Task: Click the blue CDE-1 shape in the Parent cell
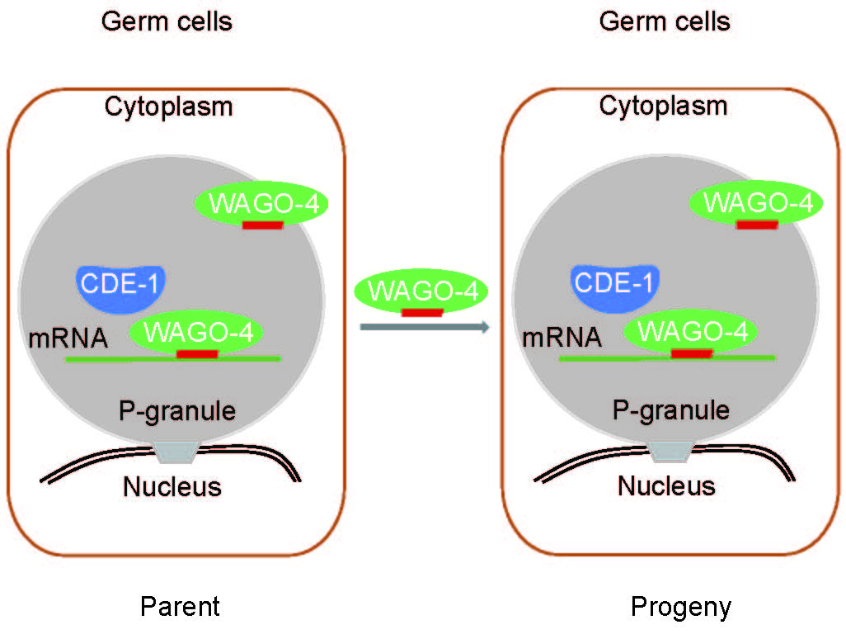click(x=120, y=284)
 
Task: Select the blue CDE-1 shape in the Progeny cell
click(x=614, y=283)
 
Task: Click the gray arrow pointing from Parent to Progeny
click(x=425, y=328)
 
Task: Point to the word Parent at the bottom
click(x=180, y=608)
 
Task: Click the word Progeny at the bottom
click(x=680, y=608)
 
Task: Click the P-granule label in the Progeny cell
click(x=670, y=409)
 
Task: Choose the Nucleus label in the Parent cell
click(x=172, y=486)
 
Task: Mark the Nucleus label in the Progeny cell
click(x=666, y=485)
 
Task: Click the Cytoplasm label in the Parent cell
click(x=168, y=107)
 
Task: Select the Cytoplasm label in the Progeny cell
click(x=663, y=106)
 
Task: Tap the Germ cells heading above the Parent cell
click(x=167, y=21)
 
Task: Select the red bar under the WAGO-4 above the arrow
click(x=421, y=313)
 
